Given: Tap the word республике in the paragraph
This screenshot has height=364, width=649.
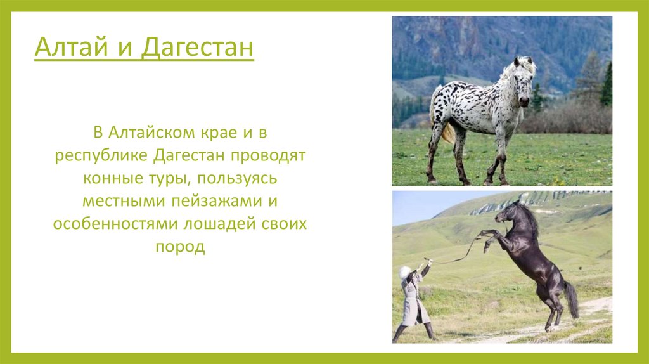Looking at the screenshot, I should [101, 156].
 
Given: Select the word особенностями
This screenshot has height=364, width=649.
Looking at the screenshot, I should [115, 224].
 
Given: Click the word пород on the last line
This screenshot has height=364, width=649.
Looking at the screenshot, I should [180, 247].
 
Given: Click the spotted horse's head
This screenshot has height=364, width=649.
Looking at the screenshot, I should [524, 82].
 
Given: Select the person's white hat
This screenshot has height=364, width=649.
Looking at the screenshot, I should [404, 272].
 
